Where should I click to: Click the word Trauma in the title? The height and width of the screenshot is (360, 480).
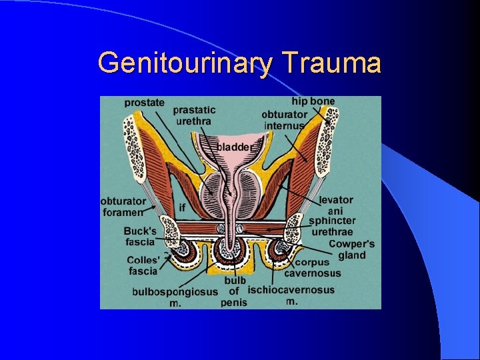(331, 63)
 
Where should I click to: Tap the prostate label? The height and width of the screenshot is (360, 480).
(145, 103)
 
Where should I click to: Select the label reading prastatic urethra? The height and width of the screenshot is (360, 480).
(194, 115)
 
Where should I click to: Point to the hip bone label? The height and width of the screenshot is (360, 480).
(313, 101)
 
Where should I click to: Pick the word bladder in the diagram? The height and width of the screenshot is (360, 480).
(233, 147)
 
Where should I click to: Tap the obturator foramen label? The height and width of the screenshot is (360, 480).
(123, 207)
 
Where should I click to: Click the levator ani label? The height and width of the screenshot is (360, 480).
(336, 205)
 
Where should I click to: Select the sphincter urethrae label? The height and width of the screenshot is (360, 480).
(332, 227)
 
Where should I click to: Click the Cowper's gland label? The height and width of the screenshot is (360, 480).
(352, 250)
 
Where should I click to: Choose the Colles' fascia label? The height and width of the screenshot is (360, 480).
(143, 265)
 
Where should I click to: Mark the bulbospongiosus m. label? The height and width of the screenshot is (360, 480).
(175, 297)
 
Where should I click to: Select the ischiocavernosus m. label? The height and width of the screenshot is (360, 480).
(291, 295)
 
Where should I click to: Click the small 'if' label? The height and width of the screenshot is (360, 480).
(182, 208)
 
